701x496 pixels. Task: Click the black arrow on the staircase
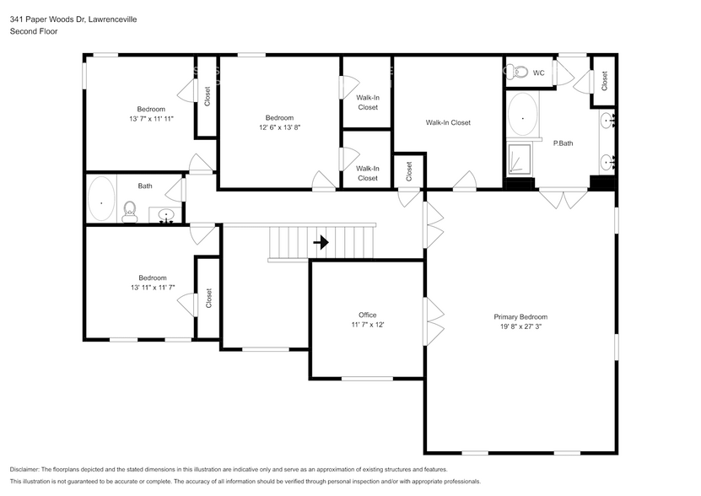pyautogui.click(x=321, y=243)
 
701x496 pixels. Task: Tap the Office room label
pyautogui.click(x=367, y=315)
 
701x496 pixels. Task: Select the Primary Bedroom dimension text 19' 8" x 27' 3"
pyautogui.click(x=520, y=326)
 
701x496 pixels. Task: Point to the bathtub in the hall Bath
pyautogui.click(x=103, y=202)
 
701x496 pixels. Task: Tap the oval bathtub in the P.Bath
pyautogui.click(x=523, y=116)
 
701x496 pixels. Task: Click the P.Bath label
pyautogui.click(x=563, y=143)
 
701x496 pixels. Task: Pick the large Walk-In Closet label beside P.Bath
pyautogui.click(x=448, y=123)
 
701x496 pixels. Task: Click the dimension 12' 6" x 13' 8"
pyautogui.click(x=279, y=127)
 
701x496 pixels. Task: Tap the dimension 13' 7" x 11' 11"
pyautogui.click(x=152, y=119)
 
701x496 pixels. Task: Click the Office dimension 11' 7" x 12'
pyautogui.click(x=367, y=325)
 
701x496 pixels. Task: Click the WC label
pyautogui.click(x=539, y=73)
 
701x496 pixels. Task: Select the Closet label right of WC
pyautogui.click(x=604, y=81)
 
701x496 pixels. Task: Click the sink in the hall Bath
pyautogui.click(x=166, y=216)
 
